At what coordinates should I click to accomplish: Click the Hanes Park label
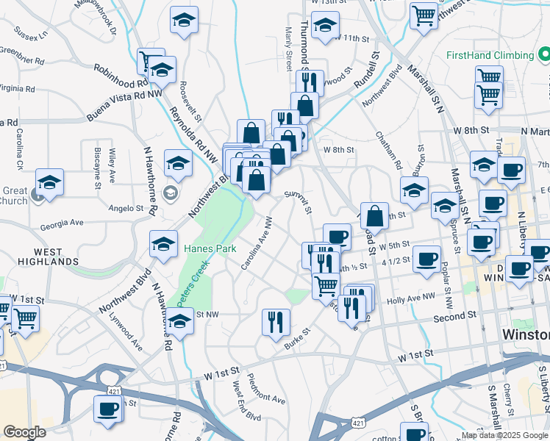coord(210,248)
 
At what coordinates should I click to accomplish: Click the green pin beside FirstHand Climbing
coord(543,54)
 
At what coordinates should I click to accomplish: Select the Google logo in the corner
coord(24,432)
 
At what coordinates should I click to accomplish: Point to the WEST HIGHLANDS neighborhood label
coord(48,257)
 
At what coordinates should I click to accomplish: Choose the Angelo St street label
coord(126,209)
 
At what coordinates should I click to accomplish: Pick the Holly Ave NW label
coord(411,299)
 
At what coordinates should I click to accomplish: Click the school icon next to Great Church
coord(49,182)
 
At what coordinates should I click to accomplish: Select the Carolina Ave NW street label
coord(260,242)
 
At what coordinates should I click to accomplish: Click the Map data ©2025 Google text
coord(504,434)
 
